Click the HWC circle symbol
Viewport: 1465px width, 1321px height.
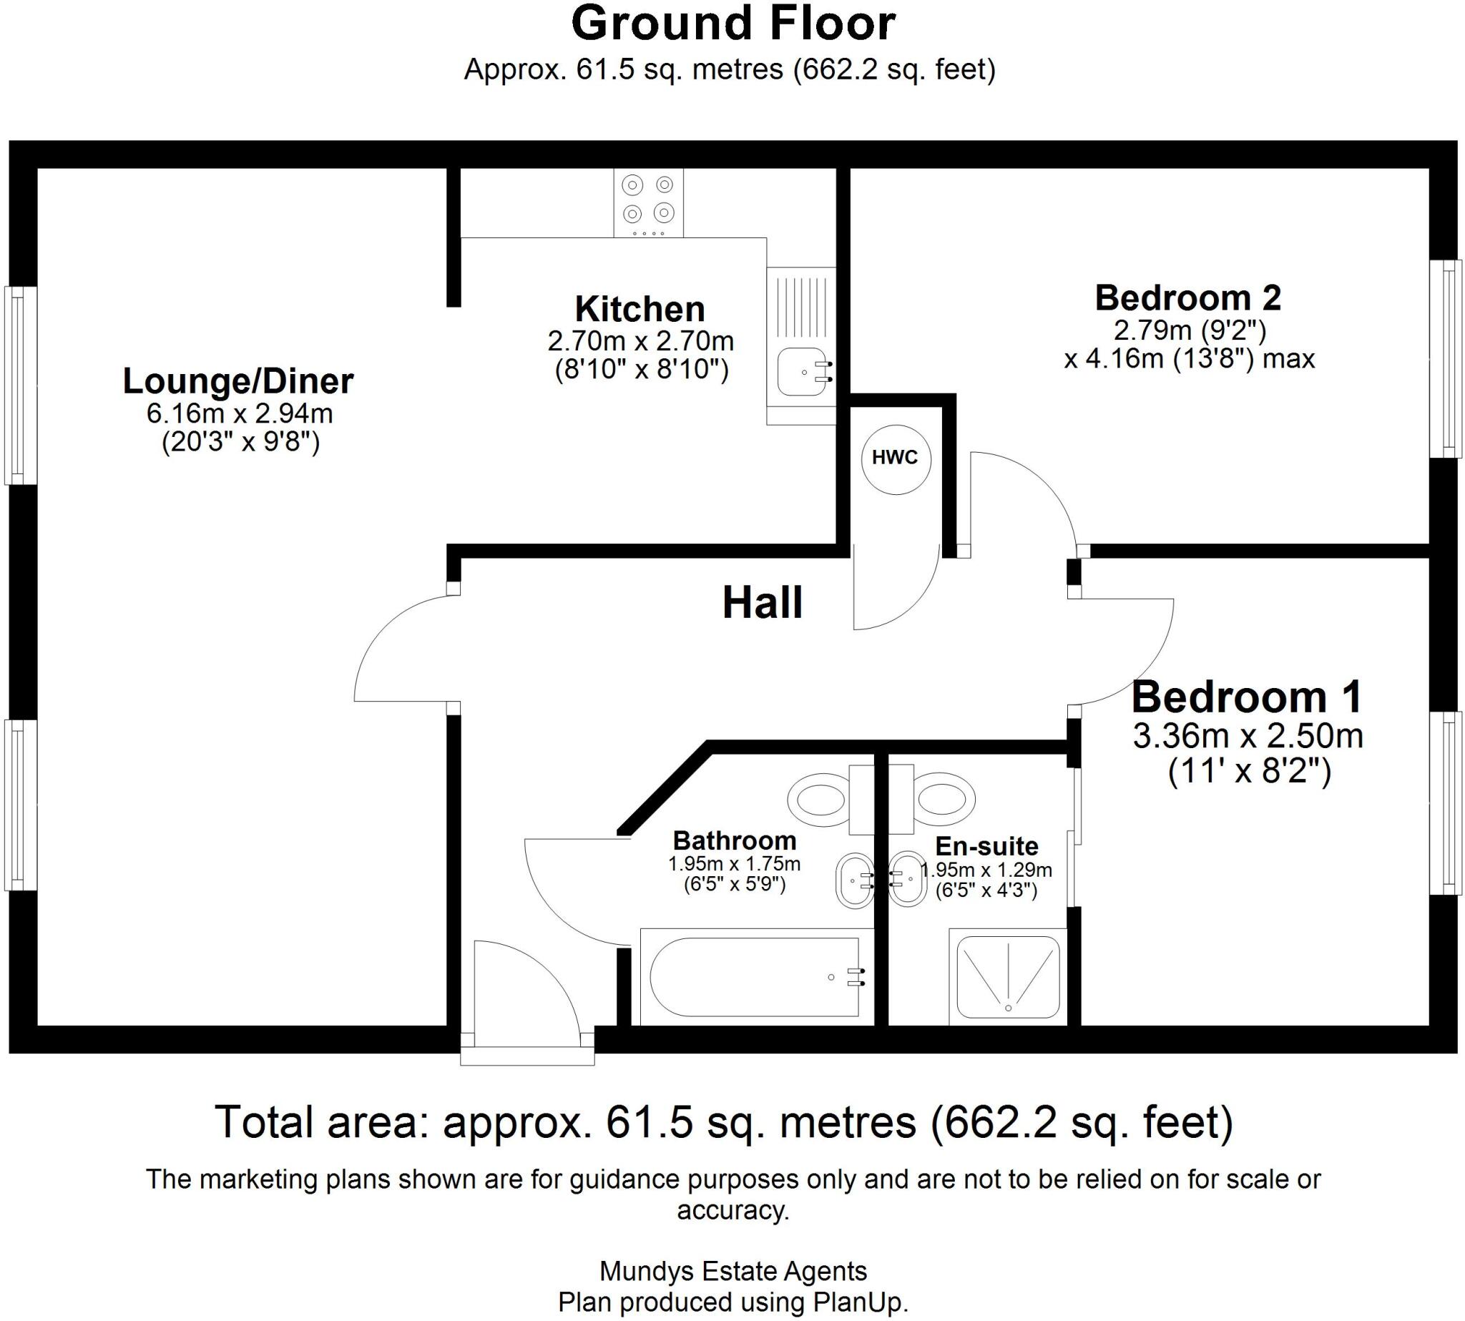(x=894, y=458)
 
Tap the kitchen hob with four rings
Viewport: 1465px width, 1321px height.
(x=647, y=202)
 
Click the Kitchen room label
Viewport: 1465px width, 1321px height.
(x=640, y=309)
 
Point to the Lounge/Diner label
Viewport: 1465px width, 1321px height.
(x=238, y=381)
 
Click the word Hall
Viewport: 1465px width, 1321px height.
(x=763, y=603)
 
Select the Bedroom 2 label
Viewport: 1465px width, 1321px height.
(x=1187, y=298)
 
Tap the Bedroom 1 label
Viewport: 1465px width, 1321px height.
(x=1246, y=697)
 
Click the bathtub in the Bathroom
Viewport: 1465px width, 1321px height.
(x=755, y=978)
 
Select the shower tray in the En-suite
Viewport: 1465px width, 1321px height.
(x=1008, y=977)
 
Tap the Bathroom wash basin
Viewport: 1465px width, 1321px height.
(x=853, y=880)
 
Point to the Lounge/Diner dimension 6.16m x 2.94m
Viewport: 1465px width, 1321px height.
(x=240, y=413)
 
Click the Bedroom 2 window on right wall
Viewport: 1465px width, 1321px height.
(x=1445, y=358)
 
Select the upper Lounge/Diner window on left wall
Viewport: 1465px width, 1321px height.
(x=20, y=386)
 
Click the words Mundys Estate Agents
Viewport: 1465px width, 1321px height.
(x=733, y=1271)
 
